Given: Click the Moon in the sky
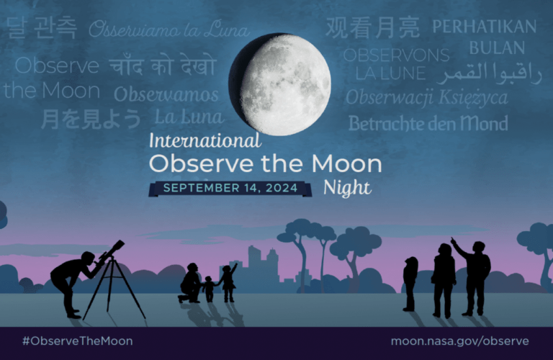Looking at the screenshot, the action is point(280,84).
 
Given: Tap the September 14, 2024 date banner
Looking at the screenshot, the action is point(230,189).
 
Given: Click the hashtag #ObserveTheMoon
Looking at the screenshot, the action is point(78,341).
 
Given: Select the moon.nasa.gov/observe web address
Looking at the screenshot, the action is point(460,341).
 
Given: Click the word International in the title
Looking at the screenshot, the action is point(205,140).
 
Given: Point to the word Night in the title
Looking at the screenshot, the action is point(347,188).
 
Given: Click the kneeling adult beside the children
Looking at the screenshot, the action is point(190,283).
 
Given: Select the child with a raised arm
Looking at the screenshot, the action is point(228,282).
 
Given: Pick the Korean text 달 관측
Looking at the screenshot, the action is point(41,27).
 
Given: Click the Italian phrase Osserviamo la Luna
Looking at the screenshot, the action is point(169,29).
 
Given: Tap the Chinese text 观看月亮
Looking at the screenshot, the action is point(373,27).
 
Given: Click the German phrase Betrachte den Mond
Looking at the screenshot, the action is point(428,124).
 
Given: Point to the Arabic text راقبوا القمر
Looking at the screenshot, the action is point(490,73).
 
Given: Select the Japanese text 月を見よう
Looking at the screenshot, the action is point(91,119).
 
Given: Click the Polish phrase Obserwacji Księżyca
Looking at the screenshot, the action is point(427,98).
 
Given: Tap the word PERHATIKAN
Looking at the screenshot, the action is point(484,27).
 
